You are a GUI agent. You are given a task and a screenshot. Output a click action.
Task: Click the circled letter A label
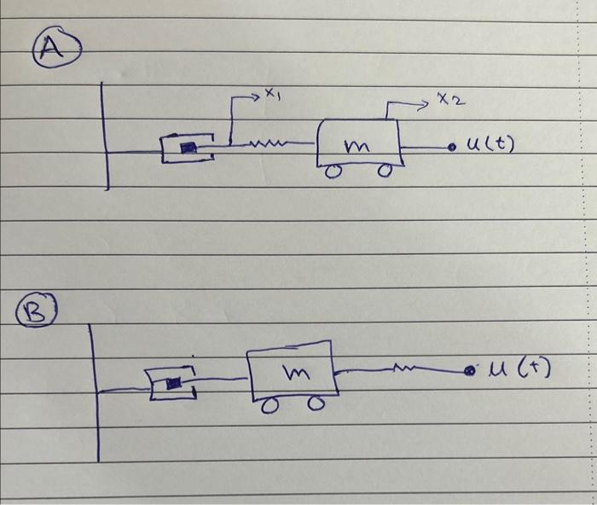[x=53, y=48]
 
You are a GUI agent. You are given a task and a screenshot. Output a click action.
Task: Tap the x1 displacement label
[x=271, y=96]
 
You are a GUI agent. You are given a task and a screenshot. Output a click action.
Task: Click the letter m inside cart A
[x=356, y=148]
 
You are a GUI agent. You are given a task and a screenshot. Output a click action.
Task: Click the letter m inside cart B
[x=296, y=372]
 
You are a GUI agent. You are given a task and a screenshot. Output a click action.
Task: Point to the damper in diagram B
[x=173, y=383]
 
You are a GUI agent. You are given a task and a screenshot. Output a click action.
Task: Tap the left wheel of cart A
[x=336, y=172]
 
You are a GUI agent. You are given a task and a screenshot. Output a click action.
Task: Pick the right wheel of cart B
[x=316, y=405]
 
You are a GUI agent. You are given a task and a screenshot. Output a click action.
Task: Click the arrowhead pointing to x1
[x=257, y=98]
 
